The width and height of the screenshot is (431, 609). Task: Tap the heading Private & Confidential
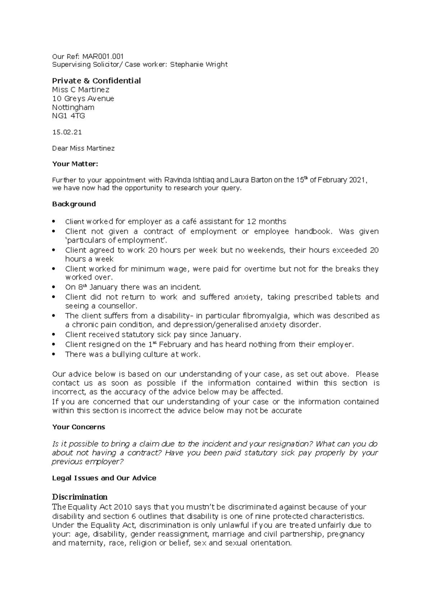96,81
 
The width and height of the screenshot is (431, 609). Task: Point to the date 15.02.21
67,132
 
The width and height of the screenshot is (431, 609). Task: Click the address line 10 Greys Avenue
83,99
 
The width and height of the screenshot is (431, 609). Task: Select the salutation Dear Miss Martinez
83,148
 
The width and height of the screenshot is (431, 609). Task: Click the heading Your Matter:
75,164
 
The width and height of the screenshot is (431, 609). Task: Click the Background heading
74,204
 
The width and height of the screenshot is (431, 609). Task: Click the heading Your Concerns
79,427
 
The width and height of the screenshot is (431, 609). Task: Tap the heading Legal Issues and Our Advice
104,478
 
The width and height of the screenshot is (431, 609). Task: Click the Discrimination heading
80,497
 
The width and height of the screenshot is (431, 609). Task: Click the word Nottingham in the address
73,108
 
